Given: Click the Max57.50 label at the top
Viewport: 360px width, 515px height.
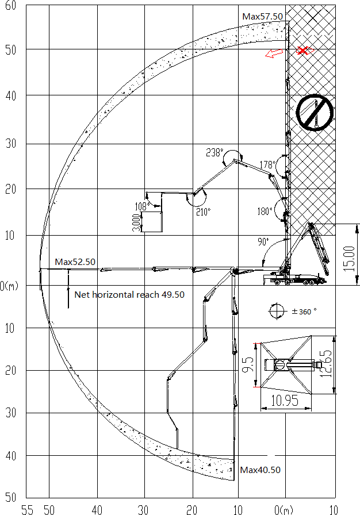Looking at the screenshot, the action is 262,17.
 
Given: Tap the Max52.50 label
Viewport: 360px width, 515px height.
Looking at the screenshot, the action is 75,262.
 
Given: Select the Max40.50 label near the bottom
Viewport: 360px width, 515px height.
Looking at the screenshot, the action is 260,470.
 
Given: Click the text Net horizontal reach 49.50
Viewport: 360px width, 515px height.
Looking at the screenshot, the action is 129,295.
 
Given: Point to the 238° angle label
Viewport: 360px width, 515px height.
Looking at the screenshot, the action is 215,153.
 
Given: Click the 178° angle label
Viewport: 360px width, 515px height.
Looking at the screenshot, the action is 268,164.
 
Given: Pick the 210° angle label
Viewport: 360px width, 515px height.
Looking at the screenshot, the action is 204,212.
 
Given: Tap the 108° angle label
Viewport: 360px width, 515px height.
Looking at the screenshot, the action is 143,206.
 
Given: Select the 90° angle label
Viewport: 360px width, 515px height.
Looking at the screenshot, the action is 263,242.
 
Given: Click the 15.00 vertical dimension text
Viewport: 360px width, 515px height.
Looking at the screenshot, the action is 350,259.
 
